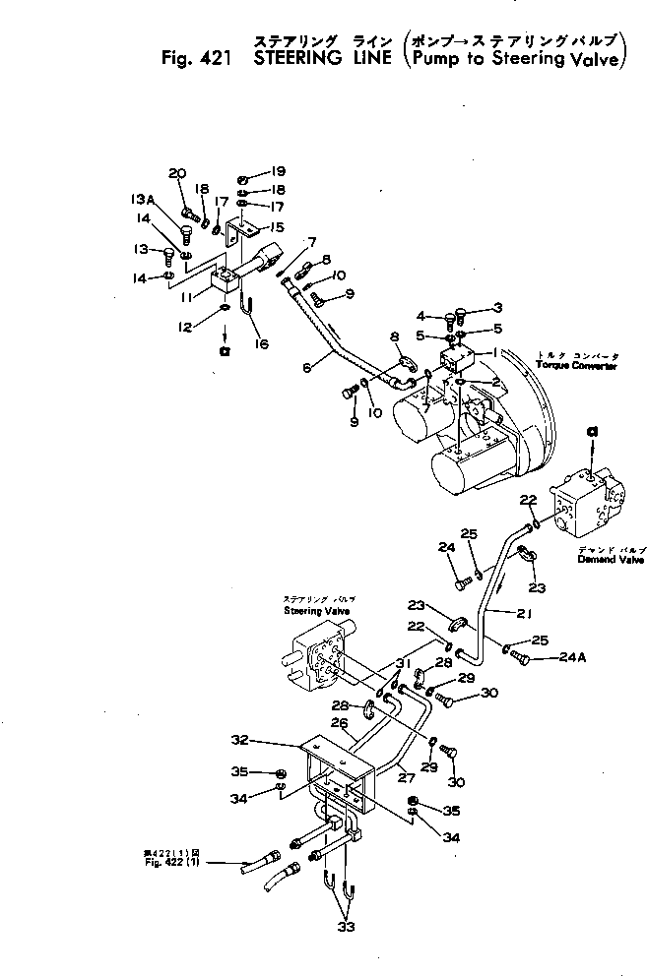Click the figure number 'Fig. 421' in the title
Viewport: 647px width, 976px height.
(x=193, y=58)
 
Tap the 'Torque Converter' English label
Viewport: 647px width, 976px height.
(x=577, y=365)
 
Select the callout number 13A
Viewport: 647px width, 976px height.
(x=143, y=199)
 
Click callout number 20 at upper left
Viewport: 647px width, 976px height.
(x=177, y=174)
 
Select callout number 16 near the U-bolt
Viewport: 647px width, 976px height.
(x=261, y=343)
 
